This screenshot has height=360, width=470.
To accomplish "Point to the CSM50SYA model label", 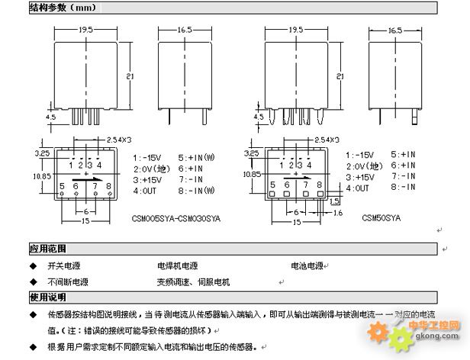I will tap(381, 217).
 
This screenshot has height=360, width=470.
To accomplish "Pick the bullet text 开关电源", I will tap(65, 267).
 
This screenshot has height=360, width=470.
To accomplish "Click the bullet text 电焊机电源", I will tap(177, 267).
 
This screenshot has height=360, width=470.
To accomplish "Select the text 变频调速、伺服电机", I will tap(194, 282).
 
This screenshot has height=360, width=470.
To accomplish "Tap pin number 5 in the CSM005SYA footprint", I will tap(61, 186).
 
